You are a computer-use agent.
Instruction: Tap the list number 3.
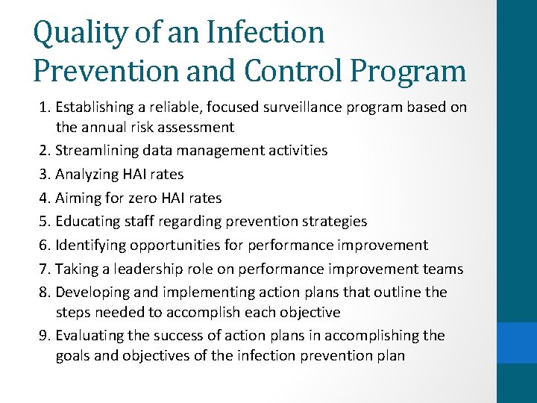44,175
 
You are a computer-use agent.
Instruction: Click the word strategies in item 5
333,222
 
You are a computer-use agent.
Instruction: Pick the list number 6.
44,245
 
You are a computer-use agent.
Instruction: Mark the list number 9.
44,336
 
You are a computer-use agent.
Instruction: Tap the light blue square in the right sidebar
517,343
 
